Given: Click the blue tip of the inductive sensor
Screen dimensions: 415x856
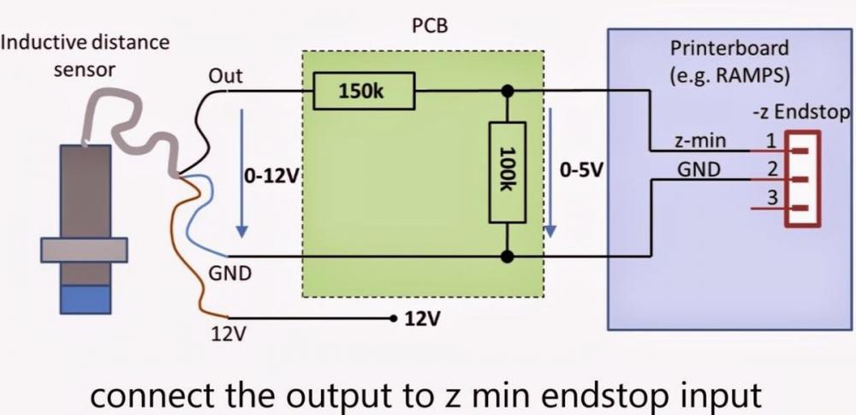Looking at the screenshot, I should pyautogui.click(x=86, y=299).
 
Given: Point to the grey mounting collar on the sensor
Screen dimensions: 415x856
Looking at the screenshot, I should pyautogui.click(x=86, y=249).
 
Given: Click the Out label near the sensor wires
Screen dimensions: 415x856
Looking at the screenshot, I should pyautogui.click(x=225, y=76).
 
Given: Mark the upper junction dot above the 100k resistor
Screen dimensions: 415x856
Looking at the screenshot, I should pyautogui.click(x=508, y=90).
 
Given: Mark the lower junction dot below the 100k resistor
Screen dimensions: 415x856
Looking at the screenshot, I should pyautogui.click(x=508, y=256).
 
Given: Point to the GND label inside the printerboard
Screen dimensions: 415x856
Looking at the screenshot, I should pyautogui.click(x=698, y=170).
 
